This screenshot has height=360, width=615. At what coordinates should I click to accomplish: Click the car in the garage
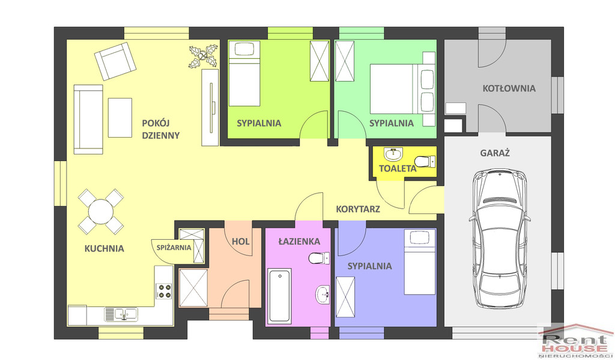[499, 239]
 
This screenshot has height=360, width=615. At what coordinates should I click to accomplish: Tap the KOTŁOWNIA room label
[509, 88]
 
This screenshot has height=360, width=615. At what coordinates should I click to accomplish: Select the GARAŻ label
[495, 153]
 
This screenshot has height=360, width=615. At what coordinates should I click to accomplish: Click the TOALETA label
[398, 169]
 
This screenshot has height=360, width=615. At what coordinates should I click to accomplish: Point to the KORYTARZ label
[358, 209]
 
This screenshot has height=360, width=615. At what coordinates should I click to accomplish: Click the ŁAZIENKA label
[299, 242]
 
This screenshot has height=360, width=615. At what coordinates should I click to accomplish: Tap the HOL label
[240, 242]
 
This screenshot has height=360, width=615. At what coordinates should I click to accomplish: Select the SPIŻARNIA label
[174, 248]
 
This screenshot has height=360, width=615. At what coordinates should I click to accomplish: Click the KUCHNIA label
[105, 248]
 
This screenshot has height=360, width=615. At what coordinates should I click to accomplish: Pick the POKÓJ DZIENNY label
[161, 129]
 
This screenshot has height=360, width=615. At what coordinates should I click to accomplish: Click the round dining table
[101, 212]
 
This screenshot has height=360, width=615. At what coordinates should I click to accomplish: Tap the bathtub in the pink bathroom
[279, 296]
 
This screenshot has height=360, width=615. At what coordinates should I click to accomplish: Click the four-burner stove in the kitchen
[165, 291]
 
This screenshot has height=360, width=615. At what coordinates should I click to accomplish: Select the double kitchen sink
[121, 314]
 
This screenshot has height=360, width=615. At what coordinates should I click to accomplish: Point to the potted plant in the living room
[203, 56]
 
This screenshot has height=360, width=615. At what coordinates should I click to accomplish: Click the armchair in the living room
[115, 61]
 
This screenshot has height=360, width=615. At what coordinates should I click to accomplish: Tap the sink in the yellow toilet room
[393, 154]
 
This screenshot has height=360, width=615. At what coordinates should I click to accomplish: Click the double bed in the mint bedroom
[402, 89]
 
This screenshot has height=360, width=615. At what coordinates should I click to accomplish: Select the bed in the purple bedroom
[420, 262]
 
